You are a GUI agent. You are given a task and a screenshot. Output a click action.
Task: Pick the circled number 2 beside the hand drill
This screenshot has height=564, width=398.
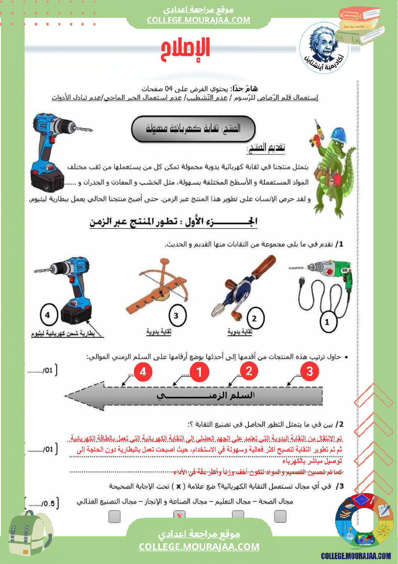[x=255, y=318]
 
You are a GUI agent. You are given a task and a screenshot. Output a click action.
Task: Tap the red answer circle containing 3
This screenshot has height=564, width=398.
[x=310, y=371]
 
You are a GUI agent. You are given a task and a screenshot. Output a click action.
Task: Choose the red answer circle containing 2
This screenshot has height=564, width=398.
[x=249, y=371]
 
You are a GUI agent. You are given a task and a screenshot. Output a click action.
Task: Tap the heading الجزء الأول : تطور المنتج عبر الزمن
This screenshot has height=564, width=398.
[x=173, y=222]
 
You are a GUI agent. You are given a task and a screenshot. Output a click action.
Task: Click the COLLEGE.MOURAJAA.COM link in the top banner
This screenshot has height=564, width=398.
[x=199, y=20]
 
